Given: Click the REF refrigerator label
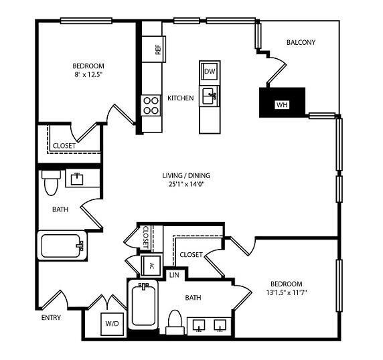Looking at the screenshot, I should pyautogui.click(x=158, y=49).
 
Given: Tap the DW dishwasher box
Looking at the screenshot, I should pyautogui.click(x=209, y=71).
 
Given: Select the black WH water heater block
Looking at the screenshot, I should pyautogui.click(x=282, y=103).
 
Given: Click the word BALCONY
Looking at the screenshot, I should pyautogui.click(x=301, y=43).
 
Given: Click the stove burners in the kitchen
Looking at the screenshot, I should pyautogui.click(x=149, y=105).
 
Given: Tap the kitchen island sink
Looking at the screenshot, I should pyautogui.click(x=209, y=96).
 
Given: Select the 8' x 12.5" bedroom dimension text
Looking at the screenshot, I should pyautogui.click(x=88, y=75).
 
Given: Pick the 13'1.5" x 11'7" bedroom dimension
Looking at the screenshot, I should pyautogui.click(x=286, y=292).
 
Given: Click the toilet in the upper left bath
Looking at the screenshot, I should pyautogui.click(x=49, y=183).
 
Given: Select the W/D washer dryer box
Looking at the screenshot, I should pyautogui.click(x=111, y=324).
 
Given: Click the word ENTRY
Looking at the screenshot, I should pyautogui.click(x=52, y=317).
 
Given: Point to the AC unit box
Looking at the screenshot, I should pyautogui.click(x=151, y=266).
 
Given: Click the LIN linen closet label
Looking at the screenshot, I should pyautogui.click(x=173, y=274).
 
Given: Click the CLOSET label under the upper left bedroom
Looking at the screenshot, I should pyautogui.click(x=64, y=145).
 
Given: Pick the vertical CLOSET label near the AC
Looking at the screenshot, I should pyautogui.click(x=146, y=238).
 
